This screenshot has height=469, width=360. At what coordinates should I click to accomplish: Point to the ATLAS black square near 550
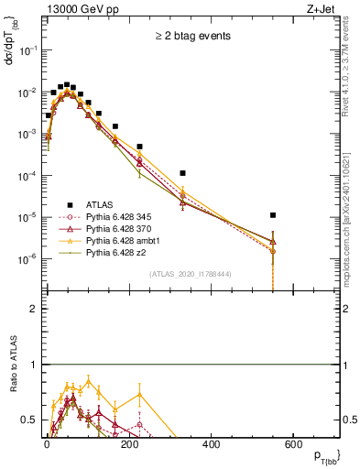point(273,215)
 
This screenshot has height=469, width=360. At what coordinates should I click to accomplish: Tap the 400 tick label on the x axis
point(211,444)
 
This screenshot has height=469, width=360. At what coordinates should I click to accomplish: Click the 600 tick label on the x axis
point(293,444)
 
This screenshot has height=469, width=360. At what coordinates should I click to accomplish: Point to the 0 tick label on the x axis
point(47,444)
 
